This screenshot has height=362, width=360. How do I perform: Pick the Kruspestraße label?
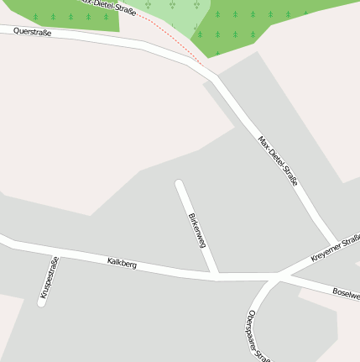pos(50,278)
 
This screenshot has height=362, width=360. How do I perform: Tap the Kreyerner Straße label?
pos(335,247)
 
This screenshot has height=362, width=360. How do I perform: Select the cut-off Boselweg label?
pos(346,293)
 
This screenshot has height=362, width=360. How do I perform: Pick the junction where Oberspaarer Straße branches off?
pos(275,277)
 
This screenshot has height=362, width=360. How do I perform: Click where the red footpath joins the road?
pos(204,65)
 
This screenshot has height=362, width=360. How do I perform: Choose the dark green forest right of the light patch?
pos(243,21)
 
